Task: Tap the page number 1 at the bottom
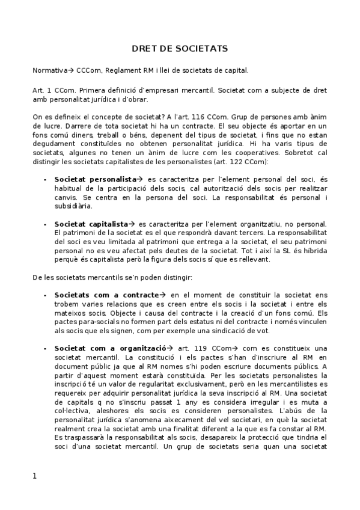35,476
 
